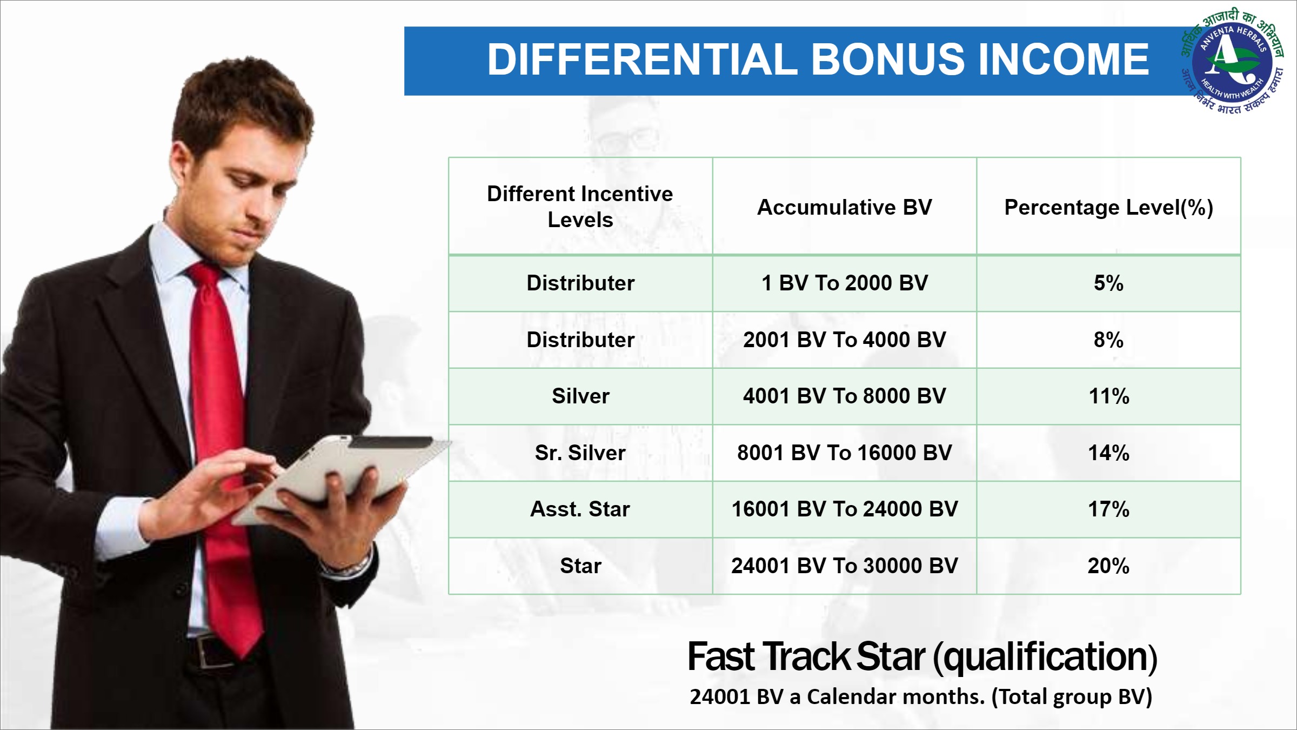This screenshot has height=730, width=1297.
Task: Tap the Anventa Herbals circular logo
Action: pos(1232,61)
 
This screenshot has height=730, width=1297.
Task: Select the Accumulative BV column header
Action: pos(845,207)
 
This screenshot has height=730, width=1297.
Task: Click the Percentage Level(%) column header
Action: pos(1109,207)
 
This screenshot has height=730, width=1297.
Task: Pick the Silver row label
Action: pos(580,396)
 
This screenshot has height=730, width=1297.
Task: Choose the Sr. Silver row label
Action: pos(580,453)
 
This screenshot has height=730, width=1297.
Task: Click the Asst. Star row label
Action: pos(580,509)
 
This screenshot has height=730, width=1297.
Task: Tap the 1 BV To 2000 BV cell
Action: pos(845,283)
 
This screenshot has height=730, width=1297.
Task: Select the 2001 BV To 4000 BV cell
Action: pos(845,340)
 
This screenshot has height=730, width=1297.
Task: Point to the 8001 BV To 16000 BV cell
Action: pos(845,453)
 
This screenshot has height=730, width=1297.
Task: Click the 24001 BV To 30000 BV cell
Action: pos(845,566)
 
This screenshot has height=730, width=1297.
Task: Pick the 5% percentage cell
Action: pos(1109,283)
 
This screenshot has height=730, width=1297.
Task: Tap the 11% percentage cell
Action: pos(1109,396)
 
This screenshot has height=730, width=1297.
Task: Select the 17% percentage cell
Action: pos(1109,509)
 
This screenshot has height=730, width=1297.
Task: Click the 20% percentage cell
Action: pos(1109,566)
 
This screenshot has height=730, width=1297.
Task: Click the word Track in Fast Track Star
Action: pos(806,656)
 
